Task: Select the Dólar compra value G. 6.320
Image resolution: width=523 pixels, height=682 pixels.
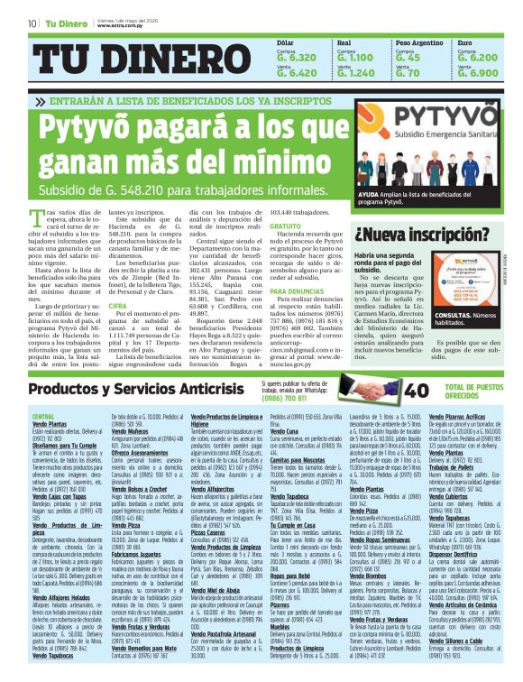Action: pyautogui.click(x=297, y=56)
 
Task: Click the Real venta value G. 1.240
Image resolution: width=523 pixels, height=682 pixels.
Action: pyautogui.click(x=356, y=72)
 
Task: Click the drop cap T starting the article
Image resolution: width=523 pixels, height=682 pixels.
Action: pyautogui.click(x=36, y=218)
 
